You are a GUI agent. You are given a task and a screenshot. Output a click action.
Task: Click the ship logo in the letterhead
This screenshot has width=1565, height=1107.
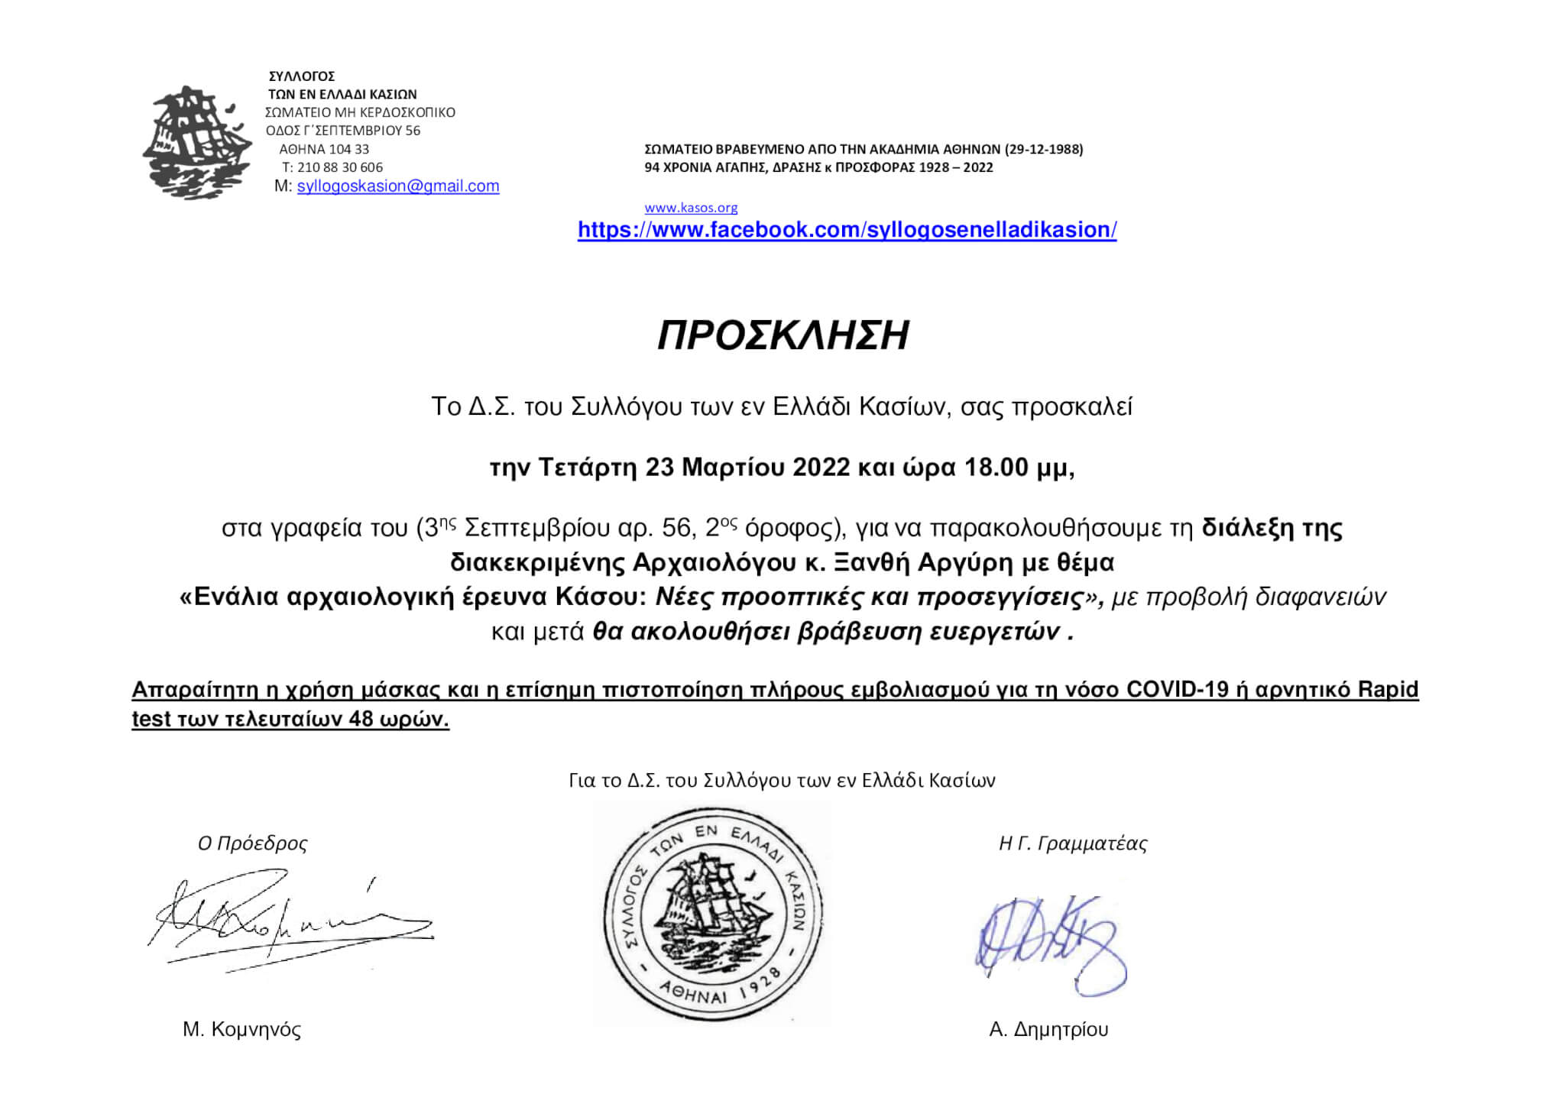click(196, 143)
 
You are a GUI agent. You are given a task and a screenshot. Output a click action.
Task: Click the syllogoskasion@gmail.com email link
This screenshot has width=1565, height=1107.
click(397, 186)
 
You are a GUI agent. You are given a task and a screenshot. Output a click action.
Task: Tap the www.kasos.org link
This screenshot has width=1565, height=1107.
click(691, 208)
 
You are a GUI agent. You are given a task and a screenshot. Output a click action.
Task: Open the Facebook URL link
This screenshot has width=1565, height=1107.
click(847, 230)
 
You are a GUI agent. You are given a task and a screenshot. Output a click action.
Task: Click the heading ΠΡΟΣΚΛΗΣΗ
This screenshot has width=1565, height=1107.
click(783, 335)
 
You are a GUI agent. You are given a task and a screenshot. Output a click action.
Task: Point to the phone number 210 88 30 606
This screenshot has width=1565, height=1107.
click(340, 167)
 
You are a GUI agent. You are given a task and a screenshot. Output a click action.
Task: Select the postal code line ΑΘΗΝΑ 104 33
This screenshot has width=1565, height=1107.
click(324, 149)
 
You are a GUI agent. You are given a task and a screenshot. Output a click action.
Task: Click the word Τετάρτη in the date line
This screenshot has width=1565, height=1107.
click(587, 467)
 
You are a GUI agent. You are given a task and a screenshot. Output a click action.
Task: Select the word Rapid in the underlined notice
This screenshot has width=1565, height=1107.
click(1388, 689)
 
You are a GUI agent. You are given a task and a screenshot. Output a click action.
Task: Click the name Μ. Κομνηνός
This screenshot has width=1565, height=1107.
click(241, 1030)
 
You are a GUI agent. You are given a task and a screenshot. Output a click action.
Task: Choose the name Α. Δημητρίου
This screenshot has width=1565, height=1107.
click(1048, 1030)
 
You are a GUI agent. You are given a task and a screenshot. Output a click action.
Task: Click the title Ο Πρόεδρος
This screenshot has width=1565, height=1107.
click(252, 843)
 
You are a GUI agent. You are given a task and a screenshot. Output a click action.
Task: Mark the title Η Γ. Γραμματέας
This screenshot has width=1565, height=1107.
click(1073, 843)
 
